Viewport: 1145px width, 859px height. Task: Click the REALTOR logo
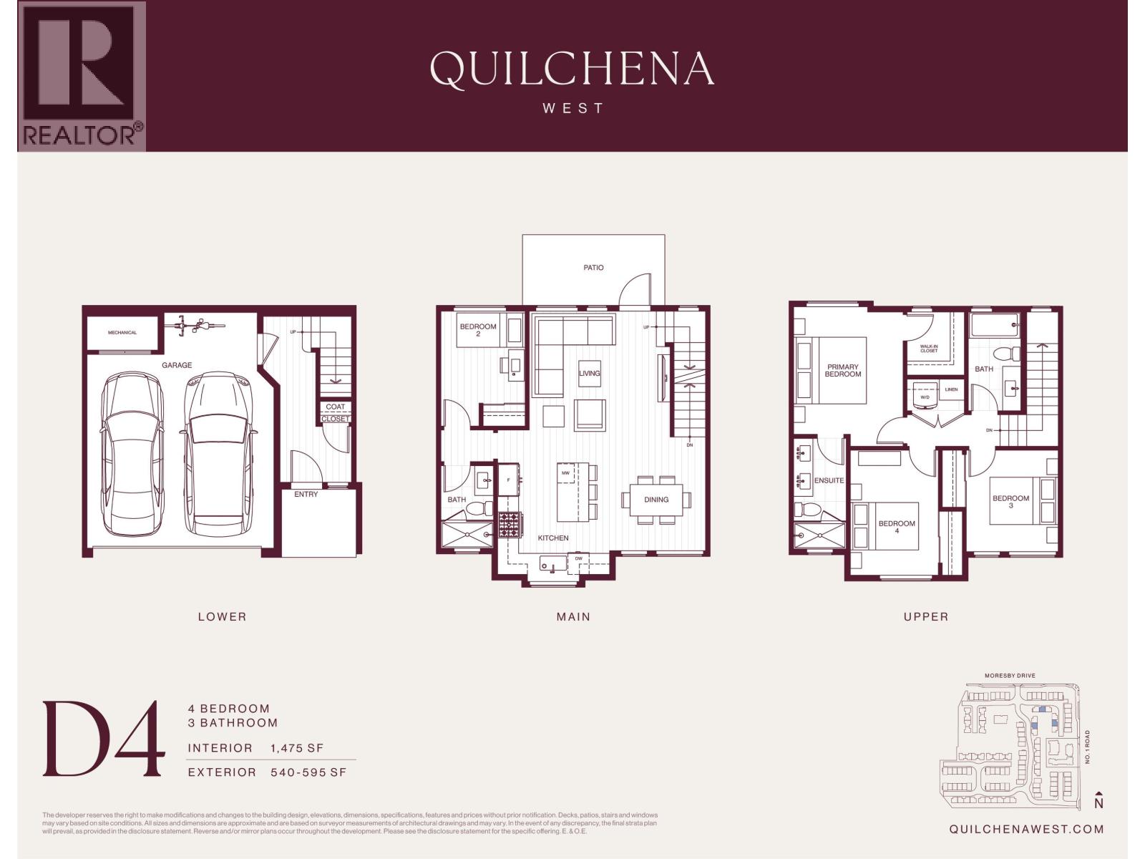coord(82,76)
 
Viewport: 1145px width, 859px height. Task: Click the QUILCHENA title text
coord(572,69)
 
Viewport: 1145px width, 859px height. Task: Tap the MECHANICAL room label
coord(122,332)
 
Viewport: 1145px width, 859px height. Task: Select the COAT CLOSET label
coord(335,412)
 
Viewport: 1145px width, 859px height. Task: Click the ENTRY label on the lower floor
coord(306,494)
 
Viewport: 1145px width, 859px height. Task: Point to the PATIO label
coord(593,268)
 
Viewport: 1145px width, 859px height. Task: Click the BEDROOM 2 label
coord(478,330)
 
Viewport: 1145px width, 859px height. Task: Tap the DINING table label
coord(656,500)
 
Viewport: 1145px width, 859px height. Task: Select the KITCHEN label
coord(553,538)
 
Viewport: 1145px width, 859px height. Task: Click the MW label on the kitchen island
coord(565,473)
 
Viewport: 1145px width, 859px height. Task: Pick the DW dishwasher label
coord(578,558)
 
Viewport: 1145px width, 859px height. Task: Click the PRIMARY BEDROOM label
coord(842,370)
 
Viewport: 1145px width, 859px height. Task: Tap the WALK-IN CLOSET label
coord(928,349)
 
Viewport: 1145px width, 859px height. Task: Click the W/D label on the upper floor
coord(925,397)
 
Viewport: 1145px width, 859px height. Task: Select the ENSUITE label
coord(829,480)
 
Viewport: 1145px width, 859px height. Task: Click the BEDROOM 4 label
coord(897,527)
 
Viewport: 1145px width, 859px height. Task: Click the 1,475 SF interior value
coord(297,748)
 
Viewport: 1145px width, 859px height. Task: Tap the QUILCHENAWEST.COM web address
coord(1026,829)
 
